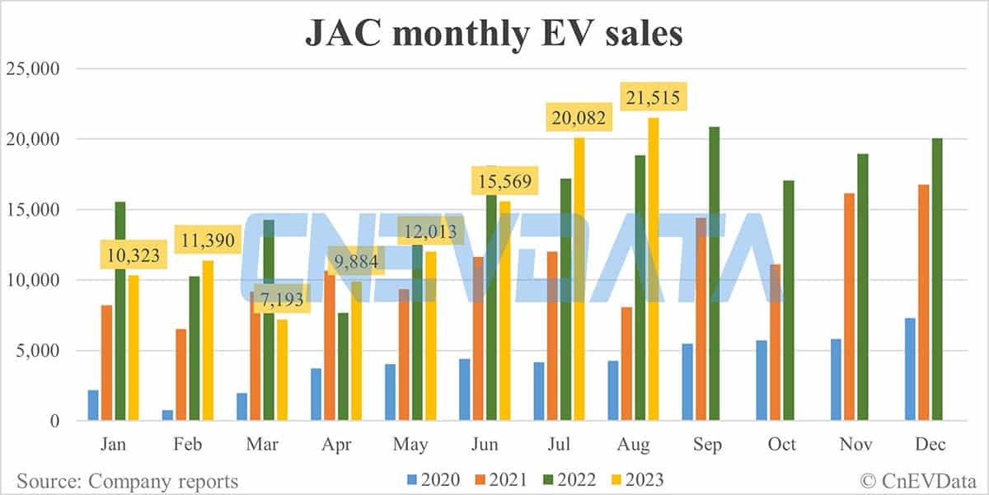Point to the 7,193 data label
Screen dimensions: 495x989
(282, 300)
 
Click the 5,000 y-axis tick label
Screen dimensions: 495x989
(37, 351)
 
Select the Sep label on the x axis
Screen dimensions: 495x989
(707, 445)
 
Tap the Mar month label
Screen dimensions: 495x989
(262, 445)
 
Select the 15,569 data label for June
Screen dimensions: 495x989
(504, 179)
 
